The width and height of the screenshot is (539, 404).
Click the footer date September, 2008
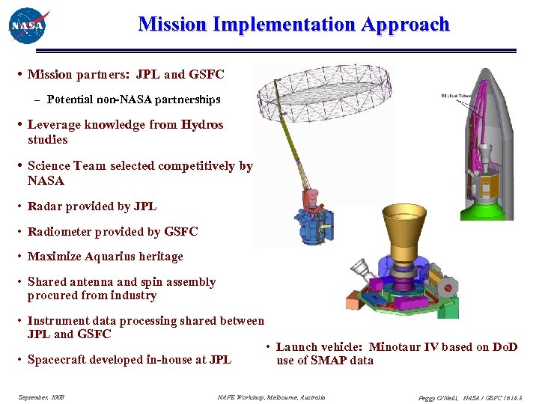[x=41, y=397]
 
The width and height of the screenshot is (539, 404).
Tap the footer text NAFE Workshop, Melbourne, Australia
[x=271, y=397]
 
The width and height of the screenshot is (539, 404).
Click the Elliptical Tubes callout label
[x=452, y=96]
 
